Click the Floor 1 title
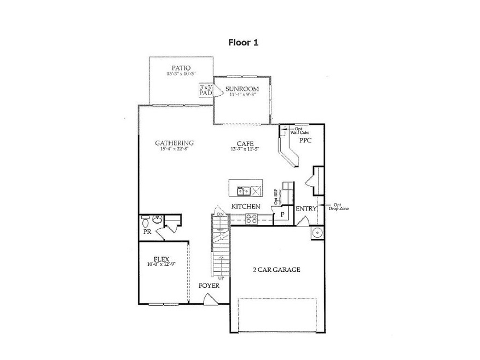click(x=243, y=43)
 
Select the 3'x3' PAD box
click(x=206, y=90)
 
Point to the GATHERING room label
click(x=174, y=143)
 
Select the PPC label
click(x=305, y=141)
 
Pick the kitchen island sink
click(x=244, y=191)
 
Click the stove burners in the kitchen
click(x=251, y=218)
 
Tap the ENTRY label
click(x=305, y=209)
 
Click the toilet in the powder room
click(x=146, y=223)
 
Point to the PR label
click(x=147, y=232)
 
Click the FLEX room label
click(x=160, y=258)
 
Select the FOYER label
click(x=209, y=286)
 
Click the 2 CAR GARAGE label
click(x=276, y=270)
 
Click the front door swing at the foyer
click(x=209, y=298)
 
